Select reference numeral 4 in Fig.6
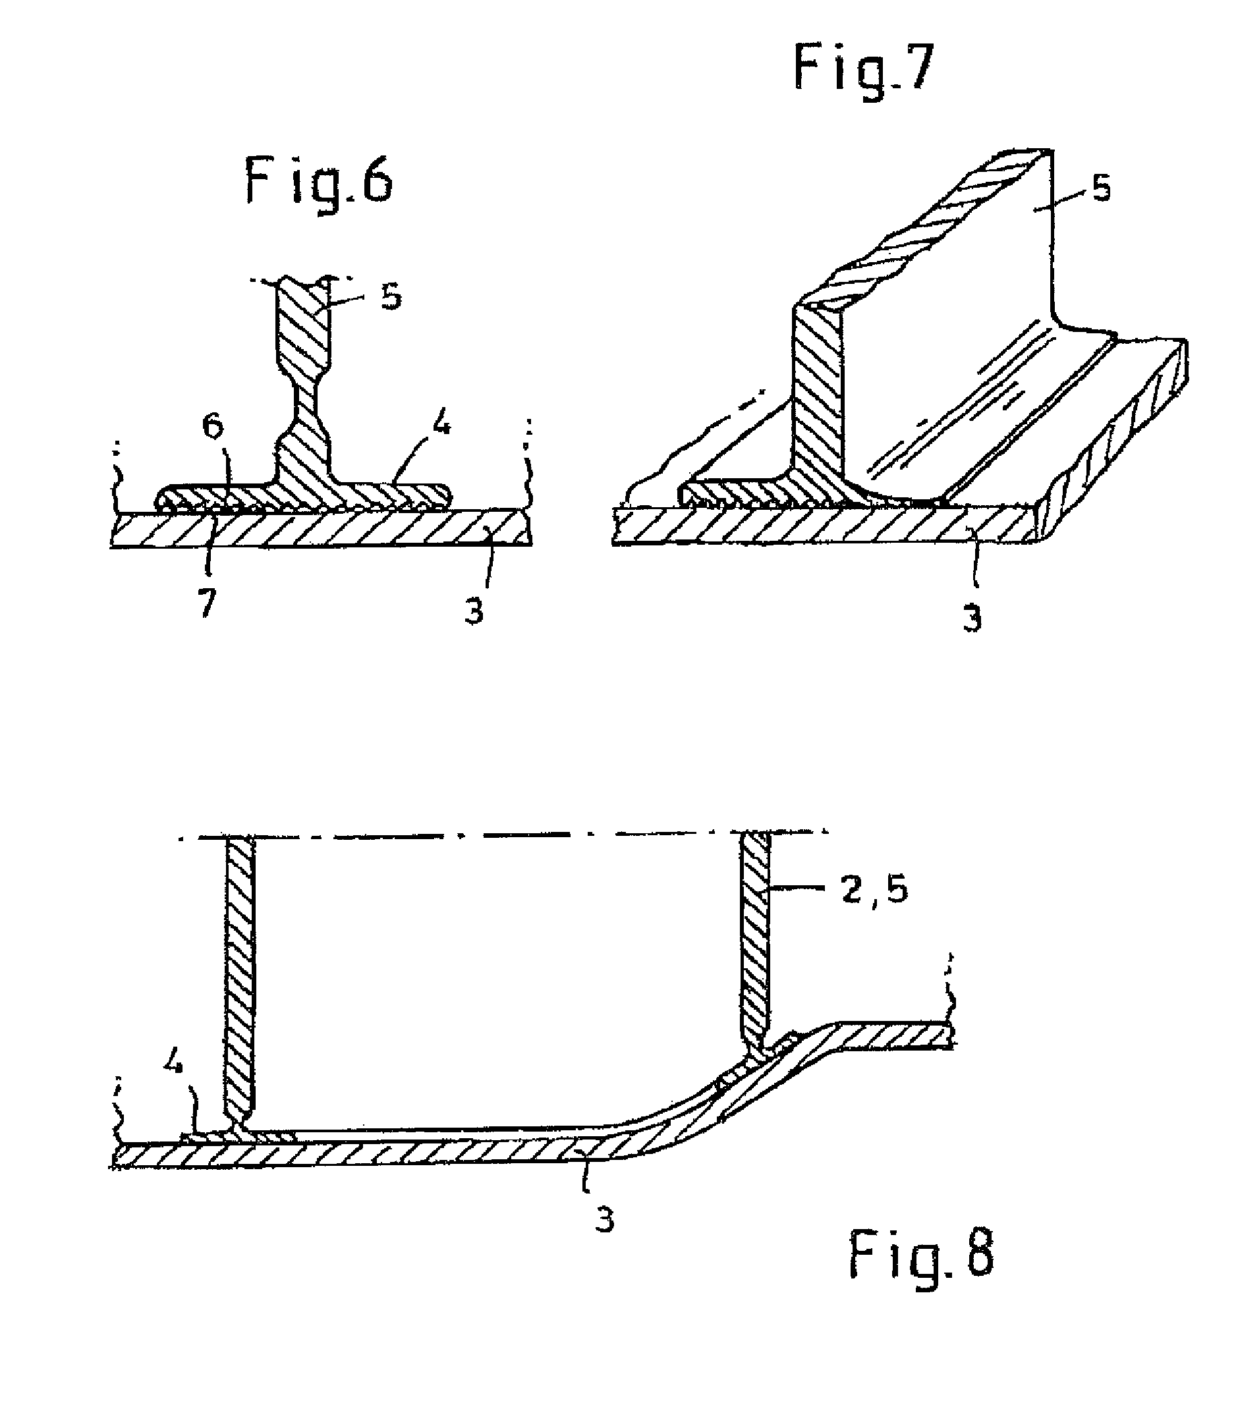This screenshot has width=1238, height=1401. coord(441,427)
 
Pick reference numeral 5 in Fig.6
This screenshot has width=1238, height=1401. coord(391,298)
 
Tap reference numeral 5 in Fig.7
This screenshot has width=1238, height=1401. coord(1100,188)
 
